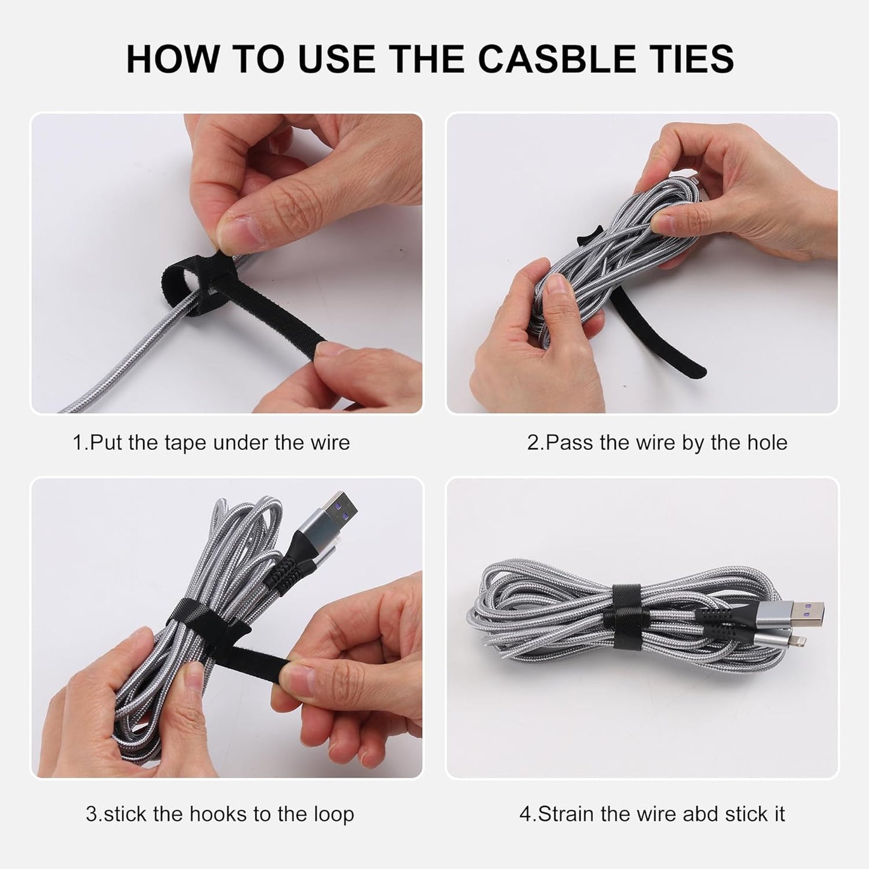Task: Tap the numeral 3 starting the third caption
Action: click(x=91, y=814)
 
